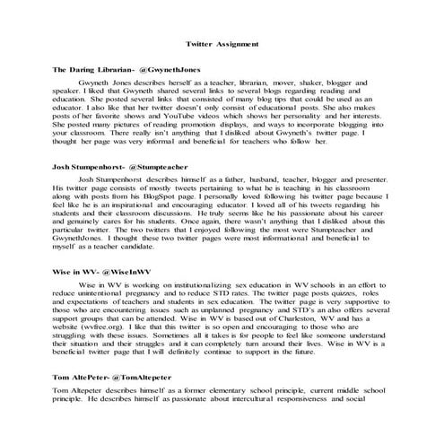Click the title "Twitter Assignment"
222,43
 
